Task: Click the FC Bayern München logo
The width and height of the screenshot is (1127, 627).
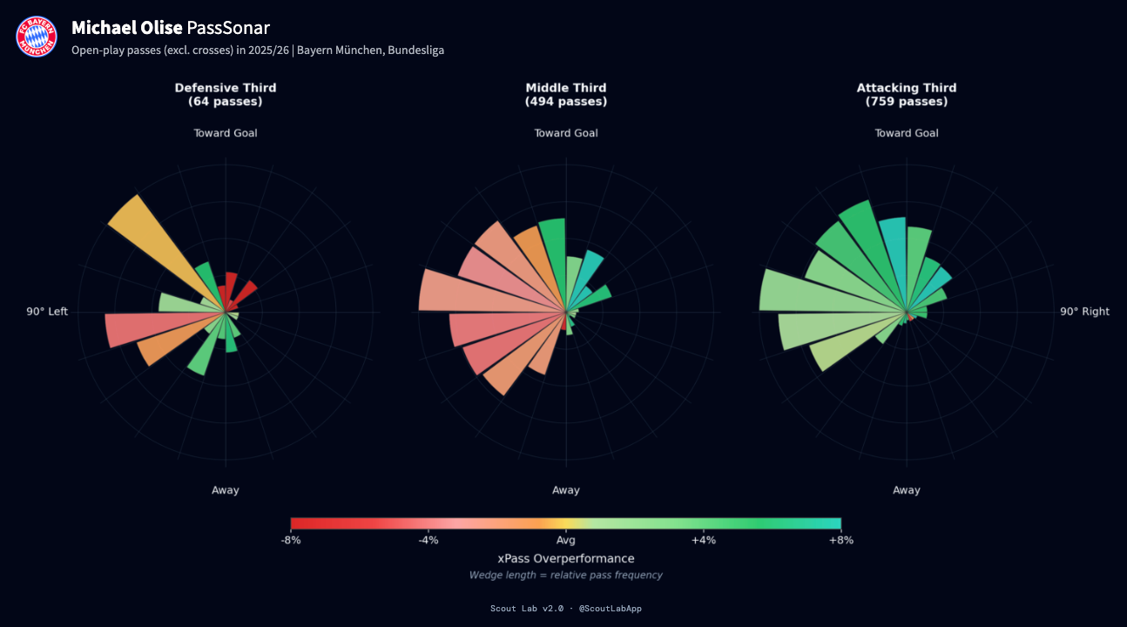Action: coord(36,37)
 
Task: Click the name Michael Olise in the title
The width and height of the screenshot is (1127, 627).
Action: coord(126,28)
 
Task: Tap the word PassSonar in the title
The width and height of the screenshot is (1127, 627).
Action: coord(228,28)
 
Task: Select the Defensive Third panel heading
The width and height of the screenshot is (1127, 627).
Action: coord(225,94)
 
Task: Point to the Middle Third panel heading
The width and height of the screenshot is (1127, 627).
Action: coord(565,94)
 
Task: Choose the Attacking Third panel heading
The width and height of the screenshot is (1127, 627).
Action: coord(906,94)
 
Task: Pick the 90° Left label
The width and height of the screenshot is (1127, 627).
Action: coord(47,312)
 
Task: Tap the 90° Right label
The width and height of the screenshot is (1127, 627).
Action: coord(1084,312)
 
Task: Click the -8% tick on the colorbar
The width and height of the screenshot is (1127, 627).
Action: coord(291,540)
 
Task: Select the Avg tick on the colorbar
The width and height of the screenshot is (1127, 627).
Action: coord(565,540)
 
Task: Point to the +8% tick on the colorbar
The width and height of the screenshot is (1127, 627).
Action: coord(840,540)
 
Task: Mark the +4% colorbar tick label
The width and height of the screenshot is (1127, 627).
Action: coord(703,540)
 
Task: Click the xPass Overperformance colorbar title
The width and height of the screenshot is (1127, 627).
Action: coord(565,558)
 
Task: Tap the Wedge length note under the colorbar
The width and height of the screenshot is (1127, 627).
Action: coord(565,576)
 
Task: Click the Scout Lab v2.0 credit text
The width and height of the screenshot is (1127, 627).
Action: coord(565,609)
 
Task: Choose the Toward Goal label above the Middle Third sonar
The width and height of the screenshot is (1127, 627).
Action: coord(565,133)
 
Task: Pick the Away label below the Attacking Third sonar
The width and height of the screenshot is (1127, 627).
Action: coord(906,490)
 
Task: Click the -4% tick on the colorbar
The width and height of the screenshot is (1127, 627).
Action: coord(428,540)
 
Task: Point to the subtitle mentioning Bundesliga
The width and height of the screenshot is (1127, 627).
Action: coord(258,51)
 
